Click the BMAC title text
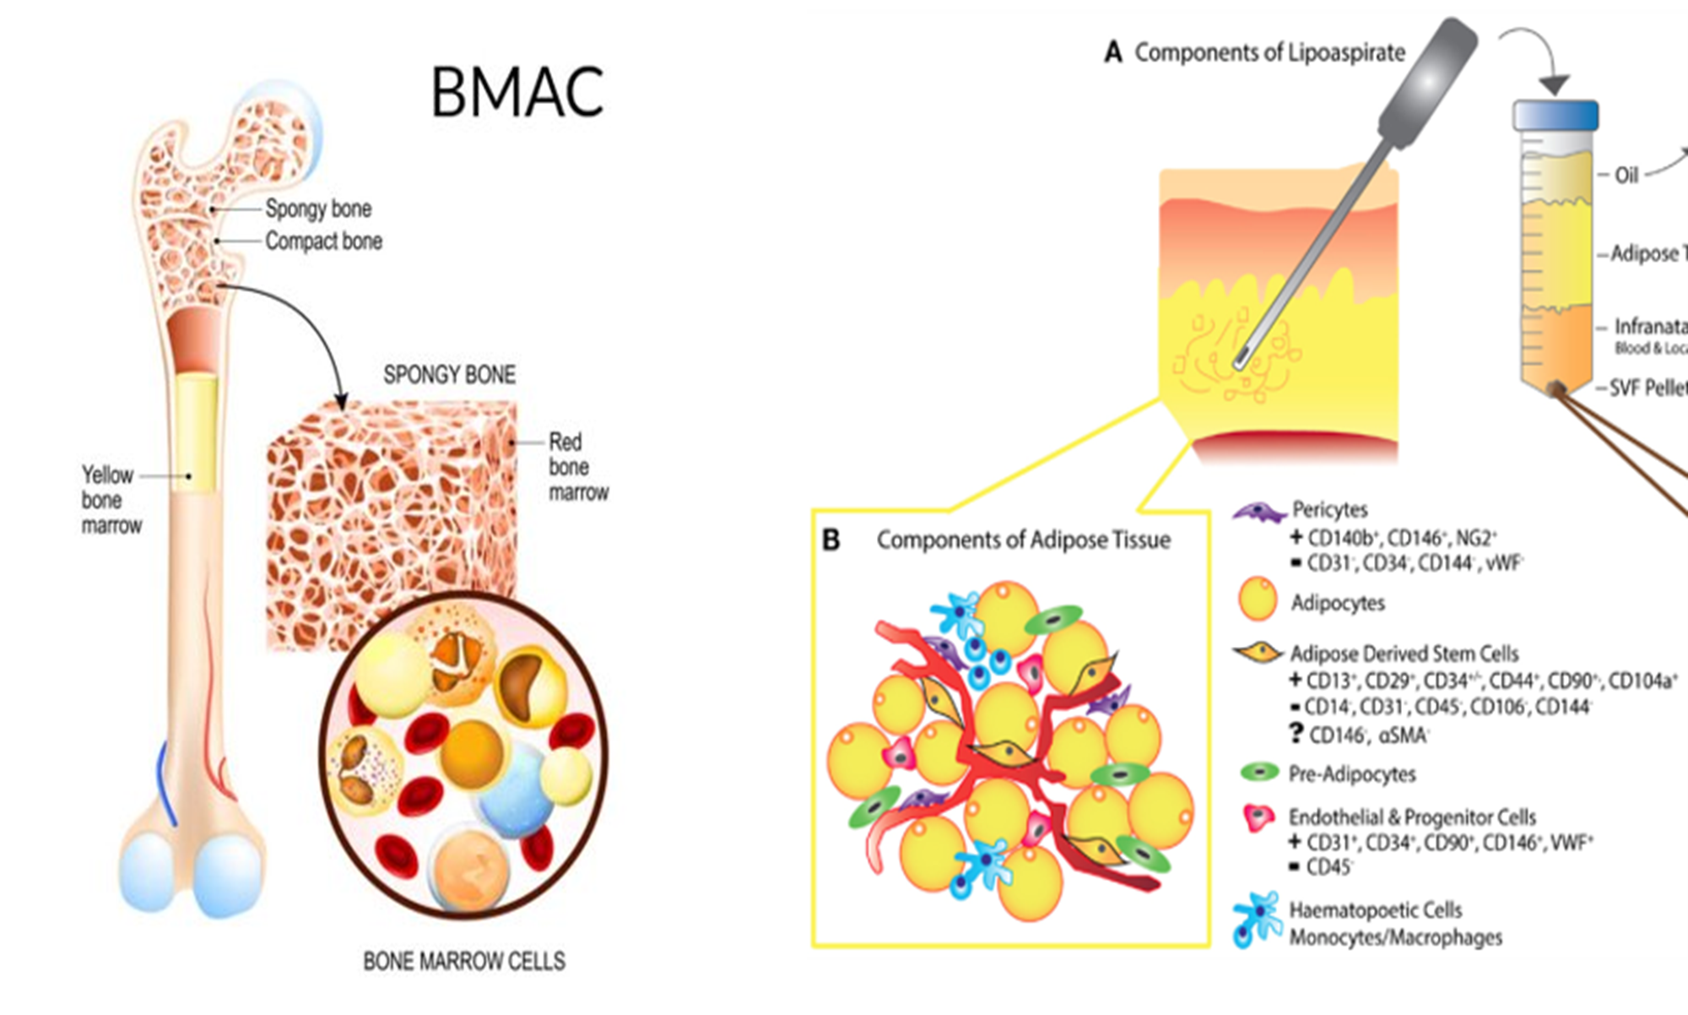[517, 91]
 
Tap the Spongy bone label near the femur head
[318, 209]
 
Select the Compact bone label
[324, 242]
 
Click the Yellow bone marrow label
[109, 500]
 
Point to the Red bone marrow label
[577, 467]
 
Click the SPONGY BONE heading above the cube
[449, 375]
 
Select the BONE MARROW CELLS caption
[464, 961]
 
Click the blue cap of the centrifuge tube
[1555, 116]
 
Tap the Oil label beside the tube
[1626, 176]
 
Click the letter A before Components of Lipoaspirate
[1113, 53]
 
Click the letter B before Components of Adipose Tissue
[831, 540]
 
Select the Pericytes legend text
[1329, 510]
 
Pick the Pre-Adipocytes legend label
[1352, 774]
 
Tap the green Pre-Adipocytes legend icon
[1260, 772]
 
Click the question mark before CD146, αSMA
[1297, 733]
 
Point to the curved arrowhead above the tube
[1554, 85]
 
